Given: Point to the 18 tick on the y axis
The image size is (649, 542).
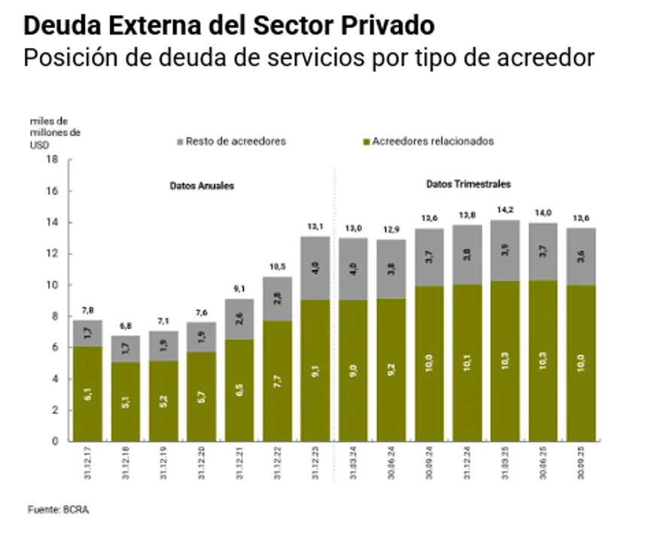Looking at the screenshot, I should click(x=52, y=159).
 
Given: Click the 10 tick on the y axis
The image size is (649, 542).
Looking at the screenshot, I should click(x=52, y=285).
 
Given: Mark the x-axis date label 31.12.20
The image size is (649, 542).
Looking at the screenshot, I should click(x=201, y=465).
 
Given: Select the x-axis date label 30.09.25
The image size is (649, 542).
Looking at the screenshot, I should click(x=581, y=465).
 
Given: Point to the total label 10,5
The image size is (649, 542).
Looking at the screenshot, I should click(x=277, y=266).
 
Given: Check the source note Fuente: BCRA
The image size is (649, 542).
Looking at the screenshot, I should click(x=59, y=510).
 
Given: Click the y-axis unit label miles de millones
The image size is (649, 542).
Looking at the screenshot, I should click(x=49, y=131).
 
